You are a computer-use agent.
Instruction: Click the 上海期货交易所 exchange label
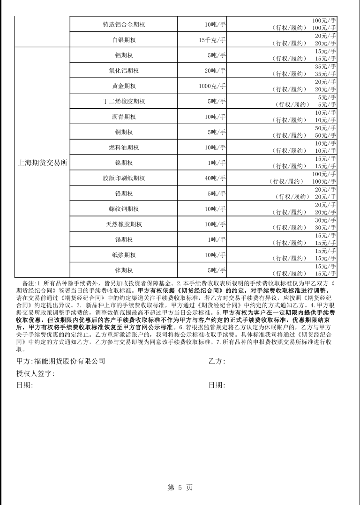pos(43,163)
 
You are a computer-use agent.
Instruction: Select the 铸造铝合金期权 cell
pos(124,24)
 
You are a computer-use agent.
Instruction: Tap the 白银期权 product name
pos(124,40)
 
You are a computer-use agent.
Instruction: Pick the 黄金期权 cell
pos(124,86)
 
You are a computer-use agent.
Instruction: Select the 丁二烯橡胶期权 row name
pos(124,102)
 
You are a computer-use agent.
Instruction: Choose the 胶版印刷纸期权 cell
pos(124,178)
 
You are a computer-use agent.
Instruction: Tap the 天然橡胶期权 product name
pos(124,224)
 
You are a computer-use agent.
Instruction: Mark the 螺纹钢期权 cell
pos(124,209)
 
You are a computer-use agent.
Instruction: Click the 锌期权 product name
pos(124,270)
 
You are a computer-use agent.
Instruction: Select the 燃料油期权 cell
pos(124,148)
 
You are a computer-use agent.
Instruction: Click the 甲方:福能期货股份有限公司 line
pos(60,361)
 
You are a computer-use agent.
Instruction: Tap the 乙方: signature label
pos(217,361)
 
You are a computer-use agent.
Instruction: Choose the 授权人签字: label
pos(35,373)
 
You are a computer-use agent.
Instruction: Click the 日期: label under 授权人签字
pos(24,385)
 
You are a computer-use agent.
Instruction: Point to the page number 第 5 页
pos(180,487)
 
